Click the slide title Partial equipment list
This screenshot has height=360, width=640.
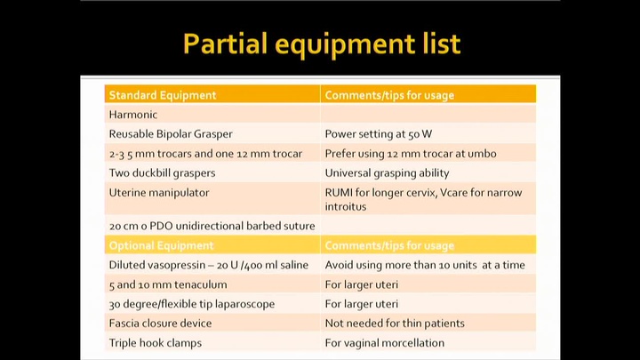321,43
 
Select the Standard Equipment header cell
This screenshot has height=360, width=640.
163,95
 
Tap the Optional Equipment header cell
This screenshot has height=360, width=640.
161,245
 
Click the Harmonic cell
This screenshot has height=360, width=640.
133,115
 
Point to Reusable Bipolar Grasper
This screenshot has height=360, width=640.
171,134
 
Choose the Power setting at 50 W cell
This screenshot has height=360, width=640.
379,134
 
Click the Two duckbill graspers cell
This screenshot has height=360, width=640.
162,172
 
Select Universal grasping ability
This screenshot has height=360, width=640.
387,172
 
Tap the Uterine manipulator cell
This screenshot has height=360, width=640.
159,192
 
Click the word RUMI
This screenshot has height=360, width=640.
340,192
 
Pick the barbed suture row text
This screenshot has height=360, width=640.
212,226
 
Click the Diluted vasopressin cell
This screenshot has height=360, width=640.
206,265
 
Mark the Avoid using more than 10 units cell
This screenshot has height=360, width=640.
425,265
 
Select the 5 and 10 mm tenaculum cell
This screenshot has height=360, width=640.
168,284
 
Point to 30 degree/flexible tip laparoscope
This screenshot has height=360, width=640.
192,304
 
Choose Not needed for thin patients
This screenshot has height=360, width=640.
395,324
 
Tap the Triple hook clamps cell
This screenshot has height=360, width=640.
156,343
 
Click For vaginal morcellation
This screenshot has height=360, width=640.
384,343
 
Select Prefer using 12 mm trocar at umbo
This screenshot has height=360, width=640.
411,154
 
